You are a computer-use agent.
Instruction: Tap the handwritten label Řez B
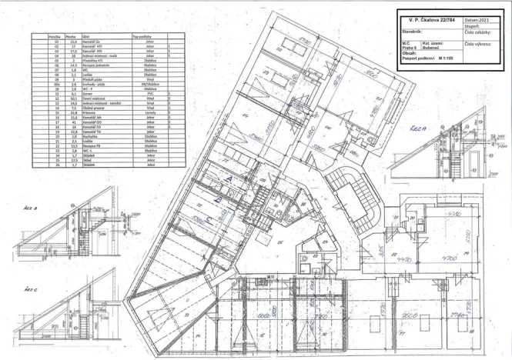coord(32,207)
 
